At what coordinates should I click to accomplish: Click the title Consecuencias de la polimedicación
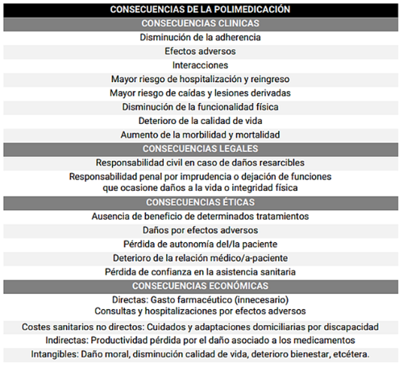tap(201, 9)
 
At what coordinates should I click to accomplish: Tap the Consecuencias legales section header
tap(201, 148)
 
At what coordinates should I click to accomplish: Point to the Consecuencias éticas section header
tap(201, 202)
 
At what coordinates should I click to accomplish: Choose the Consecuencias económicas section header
tap(201, 286)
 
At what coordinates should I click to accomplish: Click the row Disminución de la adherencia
tap(201, 37)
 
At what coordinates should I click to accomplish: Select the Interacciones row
tap(201, 64)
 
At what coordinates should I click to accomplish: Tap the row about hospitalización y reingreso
tap(201, 79)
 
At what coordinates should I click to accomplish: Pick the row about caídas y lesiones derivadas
tap(201, 93)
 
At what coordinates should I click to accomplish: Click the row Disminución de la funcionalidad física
tap(201, 106)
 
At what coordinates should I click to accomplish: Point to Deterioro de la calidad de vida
tap(201, 121)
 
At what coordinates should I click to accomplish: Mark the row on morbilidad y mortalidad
tap(201, 134)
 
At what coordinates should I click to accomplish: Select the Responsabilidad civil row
tap(201, 162)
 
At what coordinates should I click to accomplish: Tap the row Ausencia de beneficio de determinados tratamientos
tap(201, 216)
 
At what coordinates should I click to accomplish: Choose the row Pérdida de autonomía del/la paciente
tap(201, 244)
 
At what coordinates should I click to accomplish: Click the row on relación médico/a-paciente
tap(201, 258)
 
